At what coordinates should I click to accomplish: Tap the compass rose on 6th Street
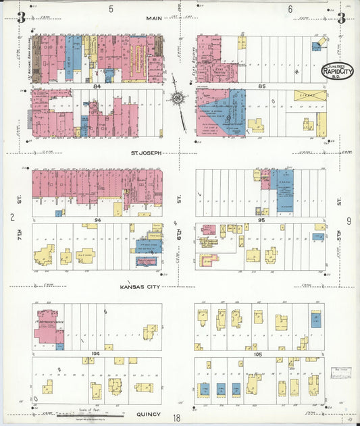(178, 99)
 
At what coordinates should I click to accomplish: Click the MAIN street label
(153, 18)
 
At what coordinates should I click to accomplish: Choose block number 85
(261, 86)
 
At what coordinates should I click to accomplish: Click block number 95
(261, 220)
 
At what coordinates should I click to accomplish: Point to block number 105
(261, 353)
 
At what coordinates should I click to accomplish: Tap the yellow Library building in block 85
(308, 95)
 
